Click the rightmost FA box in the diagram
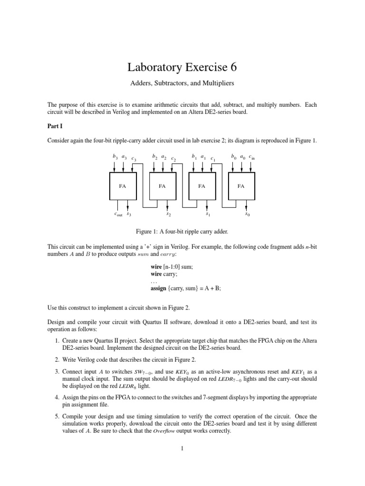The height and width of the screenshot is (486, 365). (241, 186)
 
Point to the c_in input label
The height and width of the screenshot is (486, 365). (252, 157)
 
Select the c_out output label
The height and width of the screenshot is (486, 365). (118, 214)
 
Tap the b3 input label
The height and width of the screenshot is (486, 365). (115, 156)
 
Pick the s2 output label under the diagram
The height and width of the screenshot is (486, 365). (168, 214)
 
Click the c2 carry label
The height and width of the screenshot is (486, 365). (173, 159)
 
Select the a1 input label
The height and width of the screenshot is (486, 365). (203, 156)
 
